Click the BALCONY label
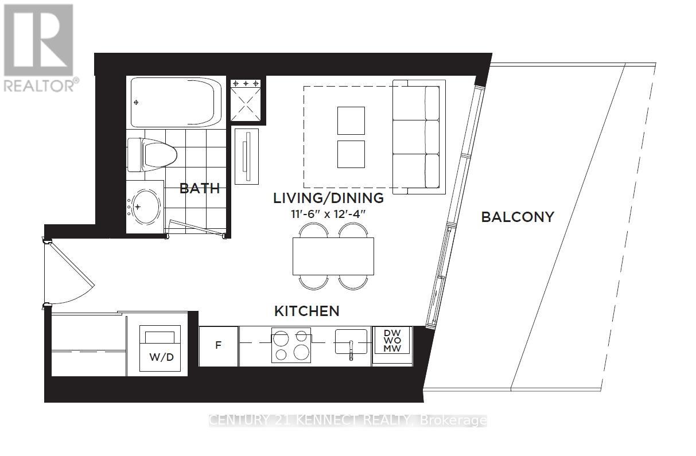coord(517,217)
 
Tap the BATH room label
coord(200,188)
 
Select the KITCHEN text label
coord(306,311)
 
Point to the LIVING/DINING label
coord(328,198)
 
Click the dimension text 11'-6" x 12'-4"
coord(328,214)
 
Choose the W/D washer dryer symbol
coord(161,349)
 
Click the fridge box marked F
coord(218,346)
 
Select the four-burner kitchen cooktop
coord(291,345)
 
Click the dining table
coord(333,256)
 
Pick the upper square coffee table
coord(351,120)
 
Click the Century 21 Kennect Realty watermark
coord(348,420)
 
